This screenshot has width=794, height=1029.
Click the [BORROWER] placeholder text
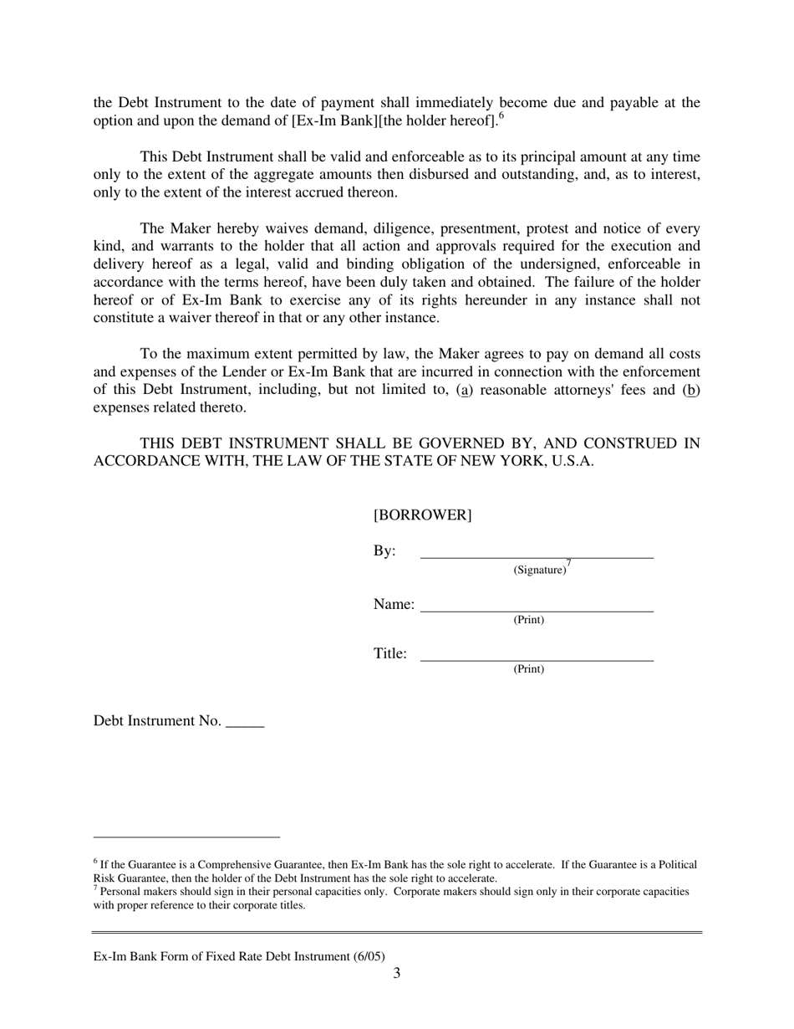tap(422, 515)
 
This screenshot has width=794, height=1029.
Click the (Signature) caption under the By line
tap(539, 571)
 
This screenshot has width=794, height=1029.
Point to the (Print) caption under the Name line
tap(528, 620)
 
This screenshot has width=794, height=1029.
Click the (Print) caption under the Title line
tap(528, 669)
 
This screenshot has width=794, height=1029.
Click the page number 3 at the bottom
tap(396, 973)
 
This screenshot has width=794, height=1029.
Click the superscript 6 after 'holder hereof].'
tap(501, 117)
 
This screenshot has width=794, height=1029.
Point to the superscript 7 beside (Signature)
tap(568, 563)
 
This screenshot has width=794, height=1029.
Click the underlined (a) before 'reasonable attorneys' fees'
tap(464, 390)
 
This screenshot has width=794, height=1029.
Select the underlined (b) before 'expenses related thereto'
tap(691, 390)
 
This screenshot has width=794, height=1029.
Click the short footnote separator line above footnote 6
tap(186, 837)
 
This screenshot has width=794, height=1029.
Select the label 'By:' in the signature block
tap(384, 551)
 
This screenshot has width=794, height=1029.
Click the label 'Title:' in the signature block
tap(389, 654)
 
